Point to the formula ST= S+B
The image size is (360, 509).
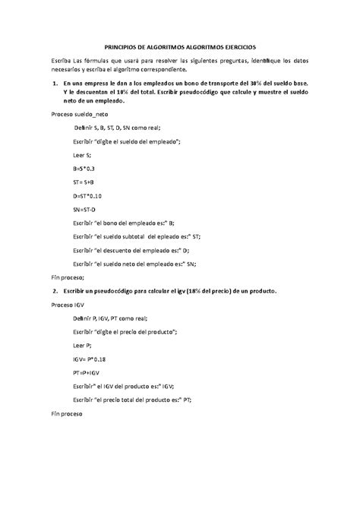[84, 182]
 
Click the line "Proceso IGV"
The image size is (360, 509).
[68, 304]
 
